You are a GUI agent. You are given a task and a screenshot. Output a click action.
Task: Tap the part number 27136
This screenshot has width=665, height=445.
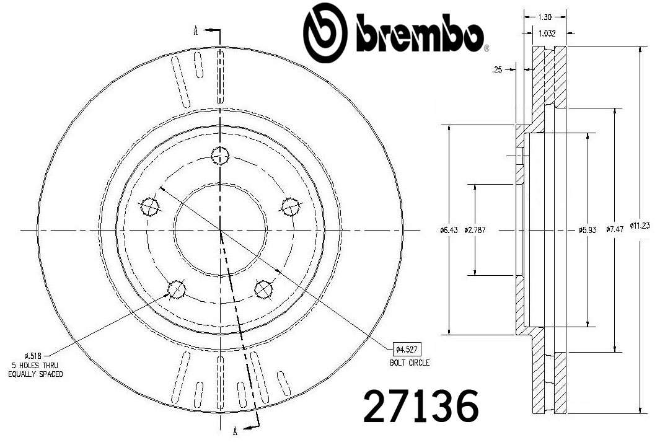tap(421, 407)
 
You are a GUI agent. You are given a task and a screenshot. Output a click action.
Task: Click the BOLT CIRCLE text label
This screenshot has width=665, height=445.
tap(409, 363)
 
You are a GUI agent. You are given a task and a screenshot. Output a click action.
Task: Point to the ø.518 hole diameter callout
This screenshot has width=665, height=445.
tap(32, 355)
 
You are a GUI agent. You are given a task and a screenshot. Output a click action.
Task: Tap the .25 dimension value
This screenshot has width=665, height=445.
tap(496, 71)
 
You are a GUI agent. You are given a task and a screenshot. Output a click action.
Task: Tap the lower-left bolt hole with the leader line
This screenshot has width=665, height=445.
tap(176, 288)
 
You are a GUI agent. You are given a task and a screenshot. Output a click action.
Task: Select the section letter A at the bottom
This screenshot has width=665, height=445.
tap(235, 431)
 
